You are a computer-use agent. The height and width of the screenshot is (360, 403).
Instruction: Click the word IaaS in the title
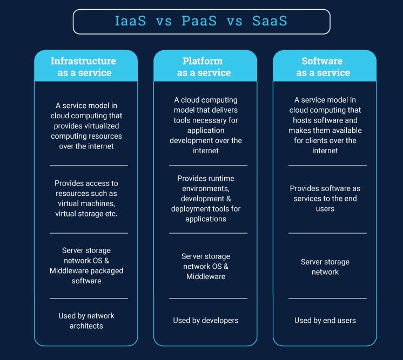(130, 21)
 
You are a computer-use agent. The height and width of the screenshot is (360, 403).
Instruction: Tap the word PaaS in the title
(199, 21)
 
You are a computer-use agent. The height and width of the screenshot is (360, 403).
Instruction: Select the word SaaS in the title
(270, 21)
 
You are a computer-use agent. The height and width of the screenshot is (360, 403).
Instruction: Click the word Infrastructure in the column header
(83, 61)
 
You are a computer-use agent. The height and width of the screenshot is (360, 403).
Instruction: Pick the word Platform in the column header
(203, 61)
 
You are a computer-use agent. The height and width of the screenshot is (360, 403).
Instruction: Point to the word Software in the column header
(322, 61)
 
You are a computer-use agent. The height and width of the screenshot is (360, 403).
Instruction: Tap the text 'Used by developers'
(206, 321)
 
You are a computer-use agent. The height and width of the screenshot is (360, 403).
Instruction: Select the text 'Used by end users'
(325, 321)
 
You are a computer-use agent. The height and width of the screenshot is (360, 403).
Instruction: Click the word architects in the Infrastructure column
(86, 326)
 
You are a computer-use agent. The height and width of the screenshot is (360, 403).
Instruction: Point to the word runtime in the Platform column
(221, 179)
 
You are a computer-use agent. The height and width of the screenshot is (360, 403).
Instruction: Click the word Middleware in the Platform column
(206, 276)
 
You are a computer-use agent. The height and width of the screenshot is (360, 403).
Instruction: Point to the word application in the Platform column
(206, 131)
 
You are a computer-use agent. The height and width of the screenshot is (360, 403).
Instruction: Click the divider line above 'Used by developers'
(208, 298)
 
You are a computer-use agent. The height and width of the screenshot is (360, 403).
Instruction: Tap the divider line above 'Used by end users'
(327, 298)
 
